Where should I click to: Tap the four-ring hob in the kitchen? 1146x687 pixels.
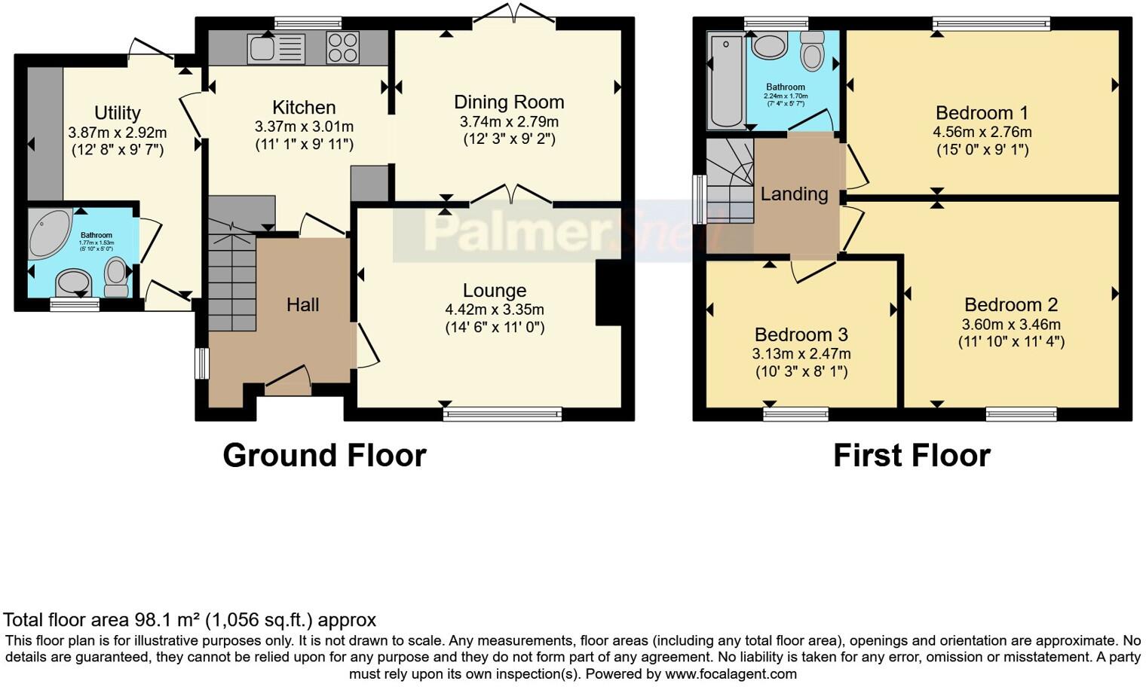343,48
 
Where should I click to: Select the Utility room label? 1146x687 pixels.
117,113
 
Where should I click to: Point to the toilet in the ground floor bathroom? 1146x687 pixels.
117,276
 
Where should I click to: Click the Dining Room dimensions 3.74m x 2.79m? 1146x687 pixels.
509,122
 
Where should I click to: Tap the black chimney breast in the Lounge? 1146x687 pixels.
608,293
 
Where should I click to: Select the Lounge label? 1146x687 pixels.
495,291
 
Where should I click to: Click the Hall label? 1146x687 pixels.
302,304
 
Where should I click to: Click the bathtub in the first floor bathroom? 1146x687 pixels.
725,80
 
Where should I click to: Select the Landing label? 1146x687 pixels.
794,194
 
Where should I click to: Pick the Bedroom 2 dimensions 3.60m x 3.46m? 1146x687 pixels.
1010,325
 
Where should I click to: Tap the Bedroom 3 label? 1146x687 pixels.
801,334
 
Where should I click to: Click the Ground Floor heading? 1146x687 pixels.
324,456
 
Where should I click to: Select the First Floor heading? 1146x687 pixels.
912,456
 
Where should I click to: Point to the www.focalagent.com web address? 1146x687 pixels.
731,673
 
